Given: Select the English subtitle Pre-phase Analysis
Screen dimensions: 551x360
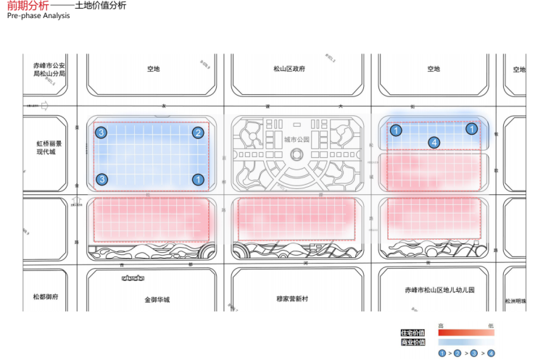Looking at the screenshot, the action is (x=38, y=15).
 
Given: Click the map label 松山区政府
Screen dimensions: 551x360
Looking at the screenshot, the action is (x=289, y=69).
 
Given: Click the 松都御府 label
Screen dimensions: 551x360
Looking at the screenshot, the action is (x=45, y=297).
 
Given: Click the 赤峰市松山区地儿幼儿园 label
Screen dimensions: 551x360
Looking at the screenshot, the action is (x=439, y=290).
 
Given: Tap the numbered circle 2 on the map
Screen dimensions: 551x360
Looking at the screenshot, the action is (x=197, y=133).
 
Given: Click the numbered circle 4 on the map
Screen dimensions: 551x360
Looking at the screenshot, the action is (x=434, y=143).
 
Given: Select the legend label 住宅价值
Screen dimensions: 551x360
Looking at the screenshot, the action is (x=413, y=332).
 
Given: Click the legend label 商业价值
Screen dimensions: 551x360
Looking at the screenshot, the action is (x=413, y=342).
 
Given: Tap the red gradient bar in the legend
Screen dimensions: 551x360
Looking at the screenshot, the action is (x=465, y=332).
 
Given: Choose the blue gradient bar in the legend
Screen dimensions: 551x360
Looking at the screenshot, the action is (x=465, y=342).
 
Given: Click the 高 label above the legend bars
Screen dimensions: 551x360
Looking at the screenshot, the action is (x=441, y=326).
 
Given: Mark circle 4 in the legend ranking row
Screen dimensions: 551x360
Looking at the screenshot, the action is (x=492, y=353).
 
